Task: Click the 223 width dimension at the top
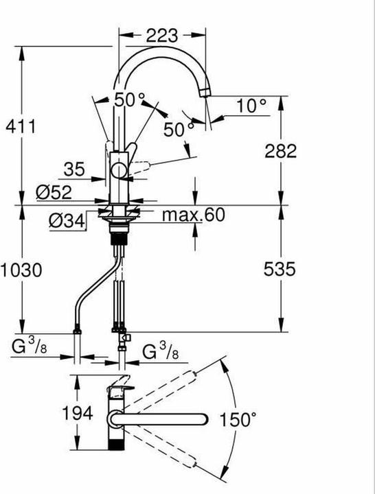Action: pyautogui.click(x=162, y=35)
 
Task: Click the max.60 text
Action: pyautogui.click(x=193, y=215)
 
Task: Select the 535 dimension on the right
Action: pyautogui.click(x=281, y=270)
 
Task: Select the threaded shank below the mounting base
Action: pyautogui.click(x=121, y=239)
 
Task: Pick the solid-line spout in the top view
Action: pyautogui.click(x=165, y=418)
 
